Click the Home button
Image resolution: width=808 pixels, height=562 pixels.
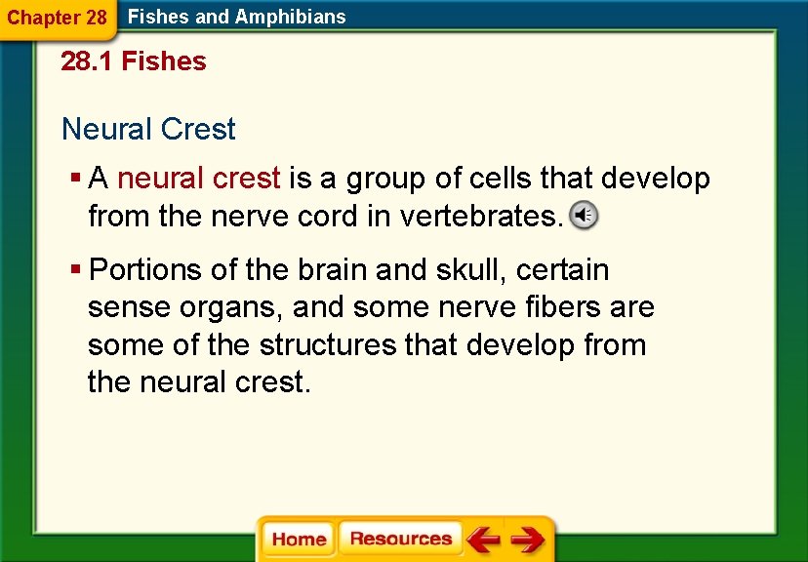point(299,540)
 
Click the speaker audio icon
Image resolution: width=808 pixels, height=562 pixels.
point(583,216)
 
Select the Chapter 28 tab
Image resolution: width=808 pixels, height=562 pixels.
point(57,18)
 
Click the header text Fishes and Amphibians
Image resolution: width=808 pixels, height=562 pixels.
point(237,17)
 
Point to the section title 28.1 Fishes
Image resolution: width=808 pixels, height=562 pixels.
point(134,61)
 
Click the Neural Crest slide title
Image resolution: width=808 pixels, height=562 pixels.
point(148,129)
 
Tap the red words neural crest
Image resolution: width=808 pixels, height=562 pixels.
point(199,179)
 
